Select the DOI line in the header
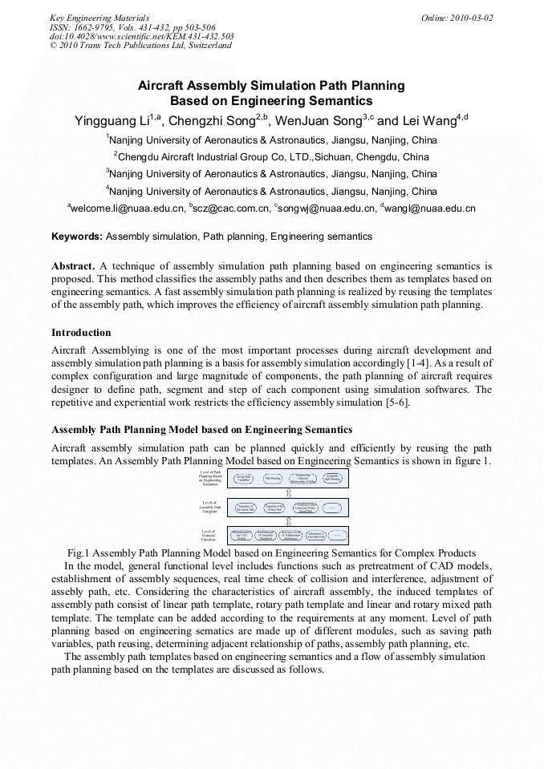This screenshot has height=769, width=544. coord(141,36)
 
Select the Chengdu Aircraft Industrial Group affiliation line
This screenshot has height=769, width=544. coord(271,156)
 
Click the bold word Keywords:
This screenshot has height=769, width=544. coord(77,237)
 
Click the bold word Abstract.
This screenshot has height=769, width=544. coord(73,265)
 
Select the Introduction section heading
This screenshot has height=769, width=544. coord(81,332)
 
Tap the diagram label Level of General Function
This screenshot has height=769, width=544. coord(209,535)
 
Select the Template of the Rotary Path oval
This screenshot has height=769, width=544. coord(273,508)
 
